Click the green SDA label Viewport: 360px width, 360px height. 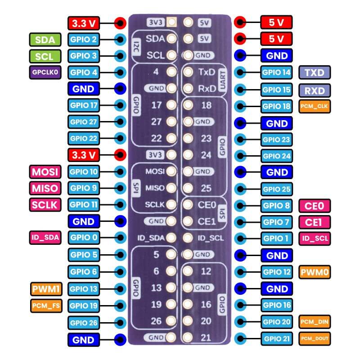pyautogui.click(x=45, y=40)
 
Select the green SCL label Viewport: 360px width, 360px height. pyautogui.click(x=45, y=56)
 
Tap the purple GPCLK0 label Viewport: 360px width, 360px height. pyautogui.click(x=45, y=72)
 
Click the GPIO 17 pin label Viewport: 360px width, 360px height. pyautogui.click(x=84, y=106)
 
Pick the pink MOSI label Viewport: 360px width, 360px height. pyautogui.click(x=45, y=172)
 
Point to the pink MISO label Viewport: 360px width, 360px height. pyautogui.click(x=45, y=188)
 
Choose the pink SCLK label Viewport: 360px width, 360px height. pyautogui.click(x=45, y=205)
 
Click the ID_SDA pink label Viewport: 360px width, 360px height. pyautogui.click(x=45, y=238)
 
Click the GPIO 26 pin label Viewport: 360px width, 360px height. pyautogui.click(x=84, y=322)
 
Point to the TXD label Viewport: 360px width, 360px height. pyautogui.click(x=314, y=72)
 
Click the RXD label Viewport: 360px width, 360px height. pyautogui.click(x=314, y=90)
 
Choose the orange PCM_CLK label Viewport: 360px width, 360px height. pyautogui.click(x=314, y=107)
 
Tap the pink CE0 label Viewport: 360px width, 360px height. pyautogui.click(x=314, y=206)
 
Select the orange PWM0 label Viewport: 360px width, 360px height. pyautogui.click(x=314, y=272)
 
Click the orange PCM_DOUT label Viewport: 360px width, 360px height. pyautogui.click(x=314, y=338)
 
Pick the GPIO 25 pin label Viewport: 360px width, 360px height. pyautogui.click(x=276, y=189)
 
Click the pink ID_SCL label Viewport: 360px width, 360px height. pyautogui.click(x=314, y=238)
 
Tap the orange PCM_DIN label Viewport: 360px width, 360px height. pyautogui.click(x=314, y=322)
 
